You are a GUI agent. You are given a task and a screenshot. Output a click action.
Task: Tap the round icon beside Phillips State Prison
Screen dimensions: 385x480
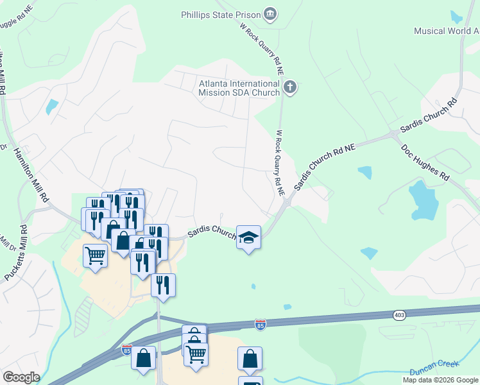pos(270,13)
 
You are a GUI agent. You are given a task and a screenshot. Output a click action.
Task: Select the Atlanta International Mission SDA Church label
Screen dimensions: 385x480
pos(239,88)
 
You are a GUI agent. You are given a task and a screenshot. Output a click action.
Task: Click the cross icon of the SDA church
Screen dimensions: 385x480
pos(290,87)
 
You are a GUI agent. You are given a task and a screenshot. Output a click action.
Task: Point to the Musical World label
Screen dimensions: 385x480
pos(446,31)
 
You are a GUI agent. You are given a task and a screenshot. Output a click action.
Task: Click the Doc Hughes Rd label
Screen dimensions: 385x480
pos(425,162)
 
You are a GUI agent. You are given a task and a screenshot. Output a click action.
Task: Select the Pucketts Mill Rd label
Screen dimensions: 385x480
pos(15,253)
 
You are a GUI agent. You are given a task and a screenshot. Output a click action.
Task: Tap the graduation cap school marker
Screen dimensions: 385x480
pos(248,237)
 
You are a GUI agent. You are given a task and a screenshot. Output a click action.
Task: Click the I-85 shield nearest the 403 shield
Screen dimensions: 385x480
pos(260,325)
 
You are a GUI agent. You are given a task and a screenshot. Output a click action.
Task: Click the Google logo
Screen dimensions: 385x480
pos(21,377)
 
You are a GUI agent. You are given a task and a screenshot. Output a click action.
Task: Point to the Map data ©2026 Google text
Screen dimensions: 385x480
pos(440,380)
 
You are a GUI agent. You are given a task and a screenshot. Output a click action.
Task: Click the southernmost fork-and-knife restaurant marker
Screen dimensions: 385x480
pos(163,284)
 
